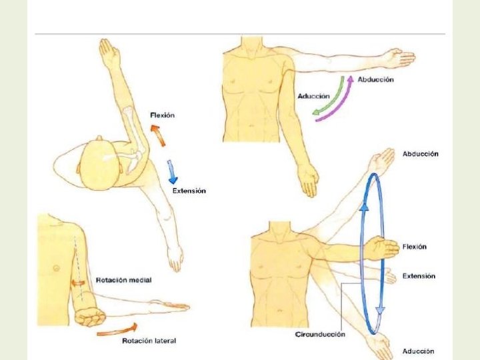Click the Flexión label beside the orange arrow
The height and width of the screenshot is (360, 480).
[x=162, y=115]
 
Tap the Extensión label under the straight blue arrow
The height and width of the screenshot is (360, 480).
[x=189, y=191]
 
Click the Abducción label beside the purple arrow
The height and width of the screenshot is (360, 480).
[x=375, y=79]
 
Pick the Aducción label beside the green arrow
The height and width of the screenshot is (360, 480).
[x=313, y=96]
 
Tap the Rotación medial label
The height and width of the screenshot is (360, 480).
[x=123, y=280]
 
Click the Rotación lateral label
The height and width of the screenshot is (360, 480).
[x=149, y=341]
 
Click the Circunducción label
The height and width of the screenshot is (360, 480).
[x=320, y=334]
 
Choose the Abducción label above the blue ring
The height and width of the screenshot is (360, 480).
[x=420, y=154]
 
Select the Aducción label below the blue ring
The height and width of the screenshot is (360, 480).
[x=418, y=351]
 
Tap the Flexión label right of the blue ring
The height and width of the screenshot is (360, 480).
[x=414, y=247]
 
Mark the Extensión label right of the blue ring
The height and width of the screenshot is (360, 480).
[x=419, y=275]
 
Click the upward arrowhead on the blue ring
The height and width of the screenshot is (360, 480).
[x=365, y=207]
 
